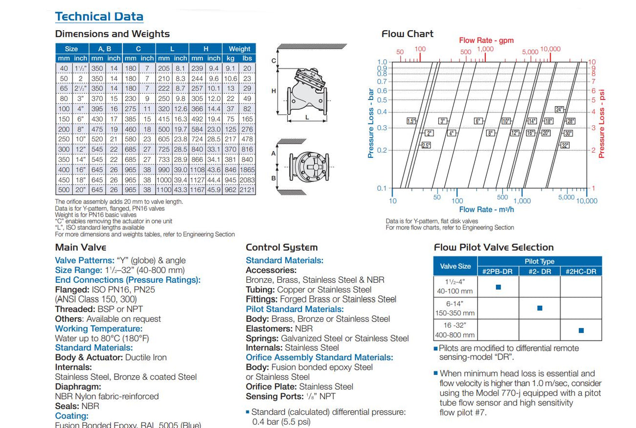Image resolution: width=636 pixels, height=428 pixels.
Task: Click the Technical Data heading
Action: pos(99,16)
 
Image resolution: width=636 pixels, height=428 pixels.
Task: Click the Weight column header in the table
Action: pos(239,49)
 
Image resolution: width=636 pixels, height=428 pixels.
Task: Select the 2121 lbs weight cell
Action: pos(248,190)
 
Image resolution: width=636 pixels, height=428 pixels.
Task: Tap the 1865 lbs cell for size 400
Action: pos(248,169)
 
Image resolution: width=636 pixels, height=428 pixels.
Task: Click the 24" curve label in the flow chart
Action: pos(560,110)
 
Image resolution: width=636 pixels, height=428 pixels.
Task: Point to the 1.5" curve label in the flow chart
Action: pos(411,121)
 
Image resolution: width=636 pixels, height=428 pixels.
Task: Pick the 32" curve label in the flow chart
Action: pos(565,145)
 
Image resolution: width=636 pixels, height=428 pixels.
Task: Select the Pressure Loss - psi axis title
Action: pos(601,123)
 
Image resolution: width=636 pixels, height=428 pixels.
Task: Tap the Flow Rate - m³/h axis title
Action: pos(486,209)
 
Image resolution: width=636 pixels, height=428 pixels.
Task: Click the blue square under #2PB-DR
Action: pos(498,287)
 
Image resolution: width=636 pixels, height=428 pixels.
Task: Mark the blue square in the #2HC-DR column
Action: pos(581,331)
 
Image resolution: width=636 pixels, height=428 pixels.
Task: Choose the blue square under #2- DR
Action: pos(540,308)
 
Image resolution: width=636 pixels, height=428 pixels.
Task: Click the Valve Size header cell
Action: pos(455,266)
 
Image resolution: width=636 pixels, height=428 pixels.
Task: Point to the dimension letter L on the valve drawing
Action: pos(307,117)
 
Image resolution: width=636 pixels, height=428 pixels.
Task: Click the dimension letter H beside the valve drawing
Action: pos(274,91)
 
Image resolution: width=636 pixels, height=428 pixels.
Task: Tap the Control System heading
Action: pos(281,248)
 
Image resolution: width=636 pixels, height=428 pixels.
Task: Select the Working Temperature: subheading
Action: pos(99,329)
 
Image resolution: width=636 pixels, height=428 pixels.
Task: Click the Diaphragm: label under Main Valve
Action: pos(78,386)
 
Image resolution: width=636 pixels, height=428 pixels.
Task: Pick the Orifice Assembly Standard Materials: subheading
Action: pos(319,358)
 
